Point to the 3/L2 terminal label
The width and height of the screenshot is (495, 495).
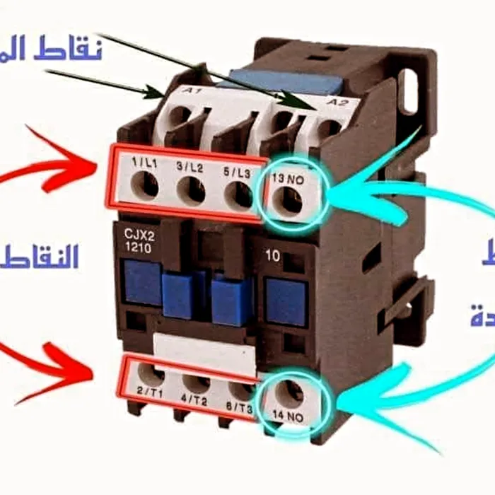pos(189,170)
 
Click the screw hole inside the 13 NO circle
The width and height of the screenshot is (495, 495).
pos(291,201)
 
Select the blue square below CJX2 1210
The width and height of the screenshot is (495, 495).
pos(142,281)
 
